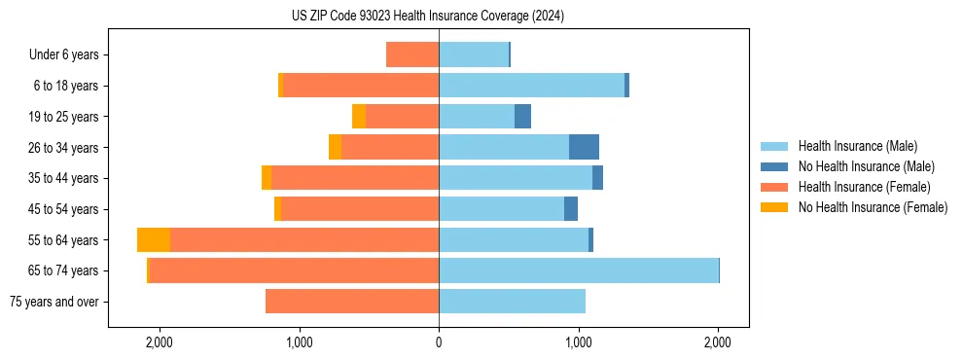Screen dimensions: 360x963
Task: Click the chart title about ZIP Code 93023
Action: point(428,17)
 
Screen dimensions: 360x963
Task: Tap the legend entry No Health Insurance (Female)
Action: point(873,207)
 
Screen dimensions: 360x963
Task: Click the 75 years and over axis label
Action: point(54,302)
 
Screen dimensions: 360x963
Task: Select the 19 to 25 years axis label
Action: point(63,117)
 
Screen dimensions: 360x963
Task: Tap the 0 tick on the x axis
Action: point(439,342)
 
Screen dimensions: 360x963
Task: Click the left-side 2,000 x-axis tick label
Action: point(159,342)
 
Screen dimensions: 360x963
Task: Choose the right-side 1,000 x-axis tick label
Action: point(579,342)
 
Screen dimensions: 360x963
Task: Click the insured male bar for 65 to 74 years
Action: point(579,270)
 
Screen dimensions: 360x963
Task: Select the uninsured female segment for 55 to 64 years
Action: point(154,240)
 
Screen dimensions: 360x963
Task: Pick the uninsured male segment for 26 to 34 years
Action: point(584,148)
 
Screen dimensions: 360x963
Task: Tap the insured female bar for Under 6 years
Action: point(412,55)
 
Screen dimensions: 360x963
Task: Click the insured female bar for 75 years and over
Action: point(352,302)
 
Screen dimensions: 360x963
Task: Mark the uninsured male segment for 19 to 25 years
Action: point(522,117)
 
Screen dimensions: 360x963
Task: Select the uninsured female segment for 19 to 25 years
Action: point(359,117)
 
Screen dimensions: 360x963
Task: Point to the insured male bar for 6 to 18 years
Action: point(531,86)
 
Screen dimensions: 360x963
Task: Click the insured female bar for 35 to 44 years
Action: point(355,178)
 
